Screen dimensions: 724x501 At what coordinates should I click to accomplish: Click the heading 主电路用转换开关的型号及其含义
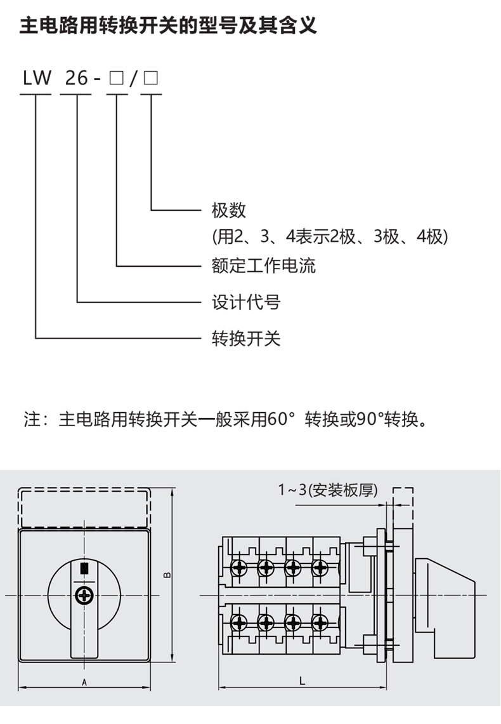[168, 26]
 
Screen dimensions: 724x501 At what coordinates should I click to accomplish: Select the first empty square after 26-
[116, 79]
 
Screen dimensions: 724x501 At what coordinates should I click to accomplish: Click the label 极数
[228, 210]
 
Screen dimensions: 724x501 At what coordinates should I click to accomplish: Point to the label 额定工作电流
[263, 265]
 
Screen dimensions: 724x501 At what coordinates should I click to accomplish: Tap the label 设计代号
[245, 302]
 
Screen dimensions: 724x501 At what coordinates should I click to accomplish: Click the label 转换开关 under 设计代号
[245, 339]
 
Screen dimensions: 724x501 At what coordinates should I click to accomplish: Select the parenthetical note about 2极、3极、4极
[330, 237]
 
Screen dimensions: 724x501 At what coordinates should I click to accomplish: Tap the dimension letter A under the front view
[84, 683]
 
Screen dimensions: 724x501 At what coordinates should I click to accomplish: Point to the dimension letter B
[167, 575]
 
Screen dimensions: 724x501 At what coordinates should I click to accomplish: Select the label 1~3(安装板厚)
[328, 490]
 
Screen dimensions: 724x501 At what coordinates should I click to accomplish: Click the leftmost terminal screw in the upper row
[239, 566]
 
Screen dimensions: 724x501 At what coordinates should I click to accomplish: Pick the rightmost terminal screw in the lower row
[320, 623]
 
